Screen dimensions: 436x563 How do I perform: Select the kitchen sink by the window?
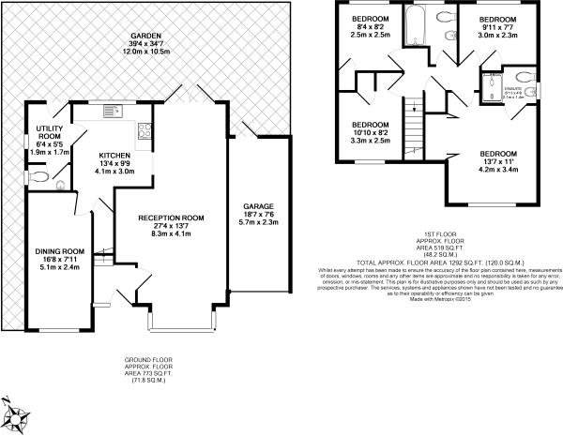(112, 112)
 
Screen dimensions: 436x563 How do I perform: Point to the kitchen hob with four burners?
(145, 131)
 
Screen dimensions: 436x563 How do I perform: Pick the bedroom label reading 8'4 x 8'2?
(370, 27)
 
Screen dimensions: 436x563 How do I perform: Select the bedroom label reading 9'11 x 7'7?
(498, 29)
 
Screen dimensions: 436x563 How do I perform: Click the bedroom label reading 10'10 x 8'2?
(370, 136)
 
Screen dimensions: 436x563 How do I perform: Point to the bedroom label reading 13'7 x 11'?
(498, 164)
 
